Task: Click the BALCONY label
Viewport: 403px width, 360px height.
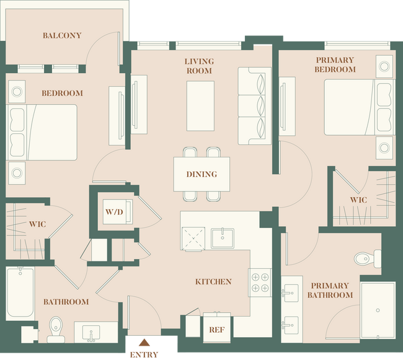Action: pyautogui.click(x=62, y=35)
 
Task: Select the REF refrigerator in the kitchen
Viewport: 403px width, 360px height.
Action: pyautogui.click(x=216, y=330)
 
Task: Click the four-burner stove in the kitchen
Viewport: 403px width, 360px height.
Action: pyautogui.click(x=260, y=281)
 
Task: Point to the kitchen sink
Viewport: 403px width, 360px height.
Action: pyautogui.click(x=221, y=236)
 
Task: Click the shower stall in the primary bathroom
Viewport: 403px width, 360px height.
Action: pyautogui.click(x=377, y=309)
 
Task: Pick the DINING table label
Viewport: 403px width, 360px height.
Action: pyautogui.click(x=201, y=174)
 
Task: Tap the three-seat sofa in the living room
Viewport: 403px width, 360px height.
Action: pyautogui.click(x=255, y=105)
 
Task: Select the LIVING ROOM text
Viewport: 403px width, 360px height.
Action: pyautogui.click(x=199, y=66)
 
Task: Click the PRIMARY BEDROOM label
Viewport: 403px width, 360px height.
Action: pyautogui.click(x=335, y=64)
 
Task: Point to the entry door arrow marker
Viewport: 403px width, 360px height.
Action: pyautogui.click(x=144, y=343)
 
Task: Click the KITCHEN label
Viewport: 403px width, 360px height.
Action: pyautogui.click(x=213, y=281)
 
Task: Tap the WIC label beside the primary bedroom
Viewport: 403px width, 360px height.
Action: pyautogui.click(x=358, y=200)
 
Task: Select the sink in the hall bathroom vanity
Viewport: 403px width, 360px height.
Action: pyautogui.click(x=91, y=332)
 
